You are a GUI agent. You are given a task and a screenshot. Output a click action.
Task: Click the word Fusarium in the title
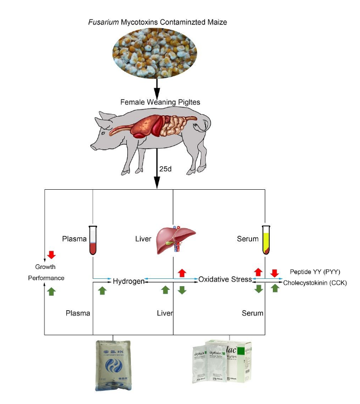click(x=102, y=23)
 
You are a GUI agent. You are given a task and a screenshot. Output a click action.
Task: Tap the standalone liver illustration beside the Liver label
click(x=173, y=240)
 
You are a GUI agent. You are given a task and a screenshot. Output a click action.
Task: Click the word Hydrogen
click(x=128, y=281)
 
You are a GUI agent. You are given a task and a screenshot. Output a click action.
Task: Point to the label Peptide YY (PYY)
click(x=314, y=272)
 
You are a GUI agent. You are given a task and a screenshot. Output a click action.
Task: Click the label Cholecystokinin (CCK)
click(x=315, y=283)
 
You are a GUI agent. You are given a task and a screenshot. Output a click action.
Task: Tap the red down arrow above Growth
click(x=51, y=255)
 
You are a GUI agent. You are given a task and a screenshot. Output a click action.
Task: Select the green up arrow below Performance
click(x=51, y=291)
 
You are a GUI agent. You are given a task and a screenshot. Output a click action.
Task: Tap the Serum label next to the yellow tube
click(x=248, y=239)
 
